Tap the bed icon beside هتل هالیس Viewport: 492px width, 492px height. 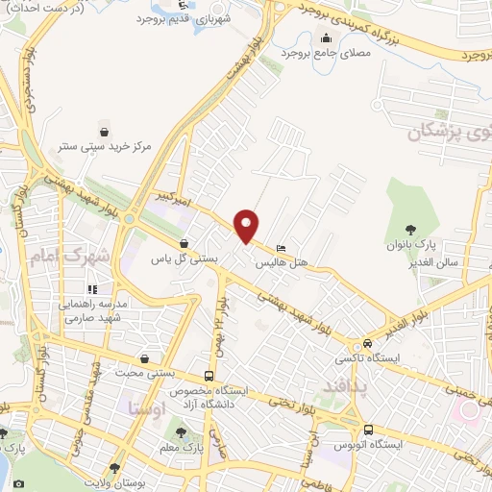pyautogui.click(x=280, y=245)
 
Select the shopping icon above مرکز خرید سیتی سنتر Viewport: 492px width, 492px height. pyautogui.click(x=103, y=132)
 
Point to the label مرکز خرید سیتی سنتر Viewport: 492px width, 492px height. pyautogui.click(x=103, y=148)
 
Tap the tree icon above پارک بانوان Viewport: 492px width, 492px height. pyautogui.click(x=411, y=229)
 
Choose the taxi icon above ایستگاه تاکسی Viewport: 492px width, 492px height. pyautogui.click(x=367, y=345)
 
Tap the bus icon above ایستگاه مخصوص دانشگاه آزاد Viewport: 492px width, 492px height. pyautogui.click(x=209, y=377)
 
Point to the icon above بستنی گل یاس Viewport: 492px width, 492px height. pyautogui.click(x=184, y=244)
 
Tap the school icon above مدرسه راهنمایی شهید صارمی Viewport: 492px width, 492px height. pyautogui.click(x=92, y=288)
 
